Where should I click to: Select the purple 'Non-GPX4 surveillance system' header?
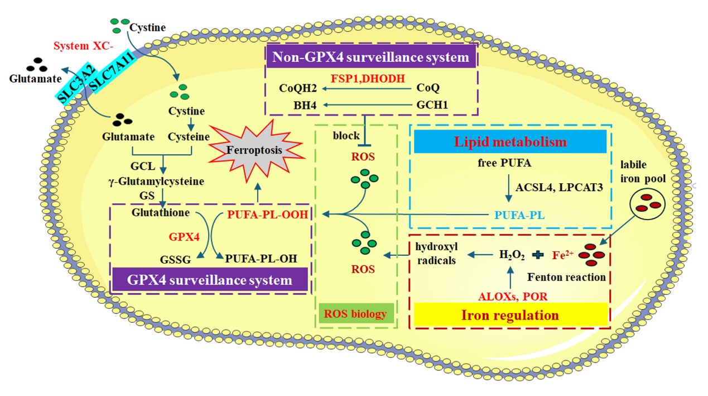370,58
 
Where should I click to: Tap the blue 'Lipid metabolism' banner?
510,142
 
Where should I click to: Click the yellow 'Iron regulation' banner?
510,315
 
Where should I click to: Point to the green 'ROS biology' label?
355,314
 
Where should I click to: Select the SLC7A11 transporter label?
111,66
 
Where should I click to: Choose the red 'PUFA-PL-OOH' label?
268,214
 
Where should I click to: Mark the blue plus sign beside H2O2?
538,255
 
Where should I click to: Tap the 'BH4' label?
291,104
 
